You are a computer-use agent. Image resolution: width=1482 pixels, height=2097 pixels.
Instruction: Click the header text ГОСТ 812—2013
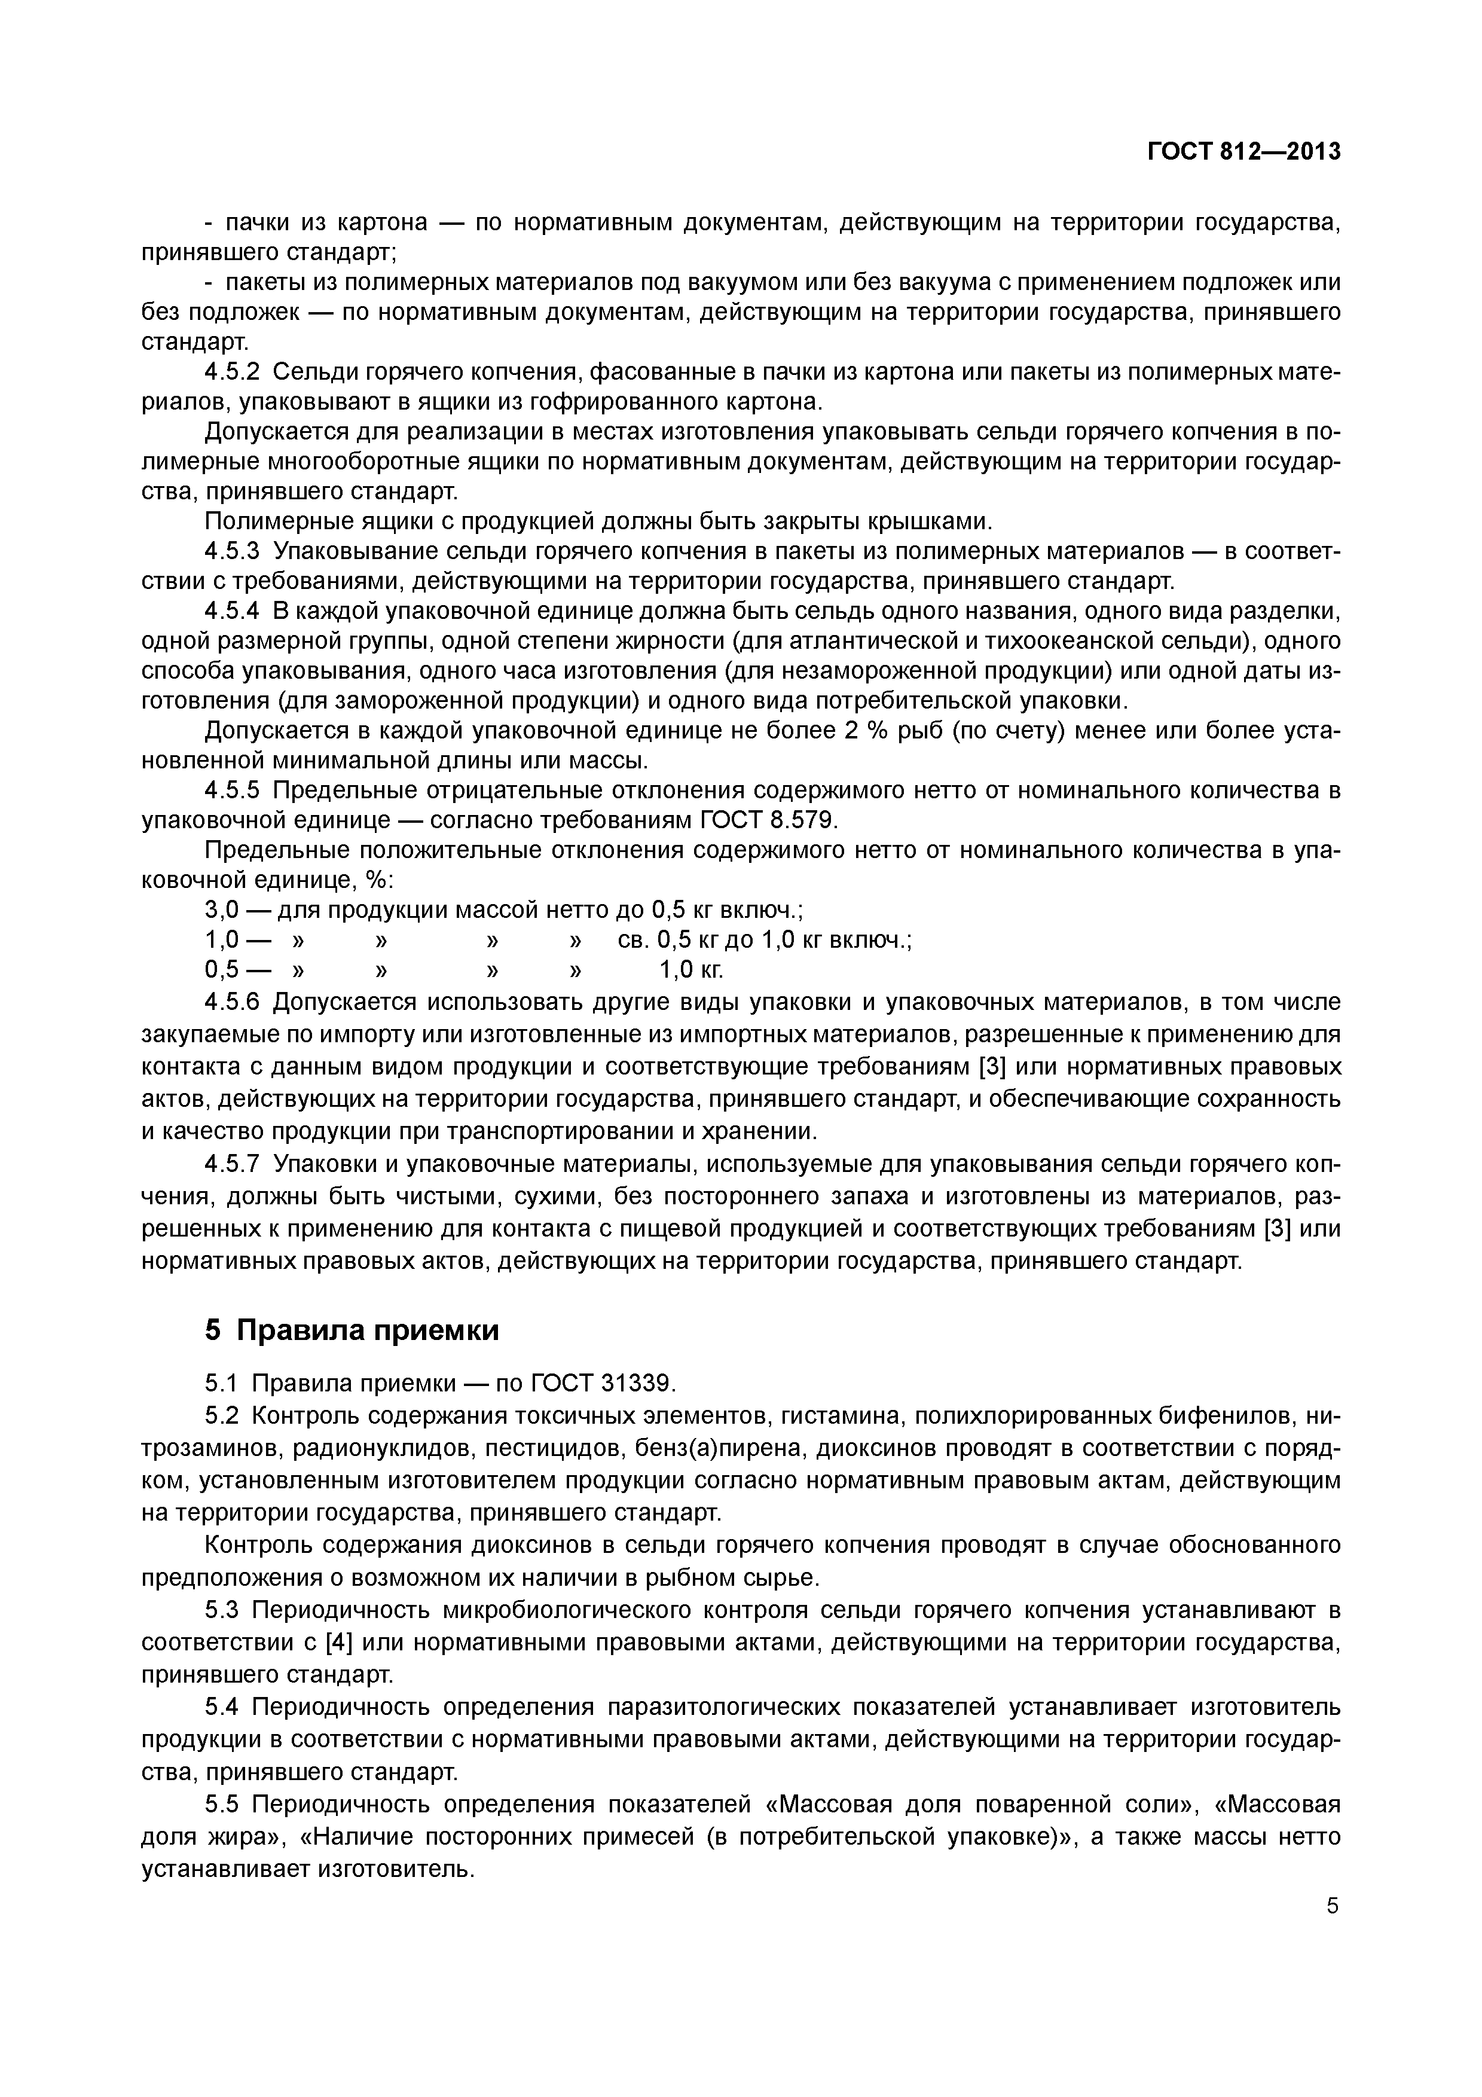1243,152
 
